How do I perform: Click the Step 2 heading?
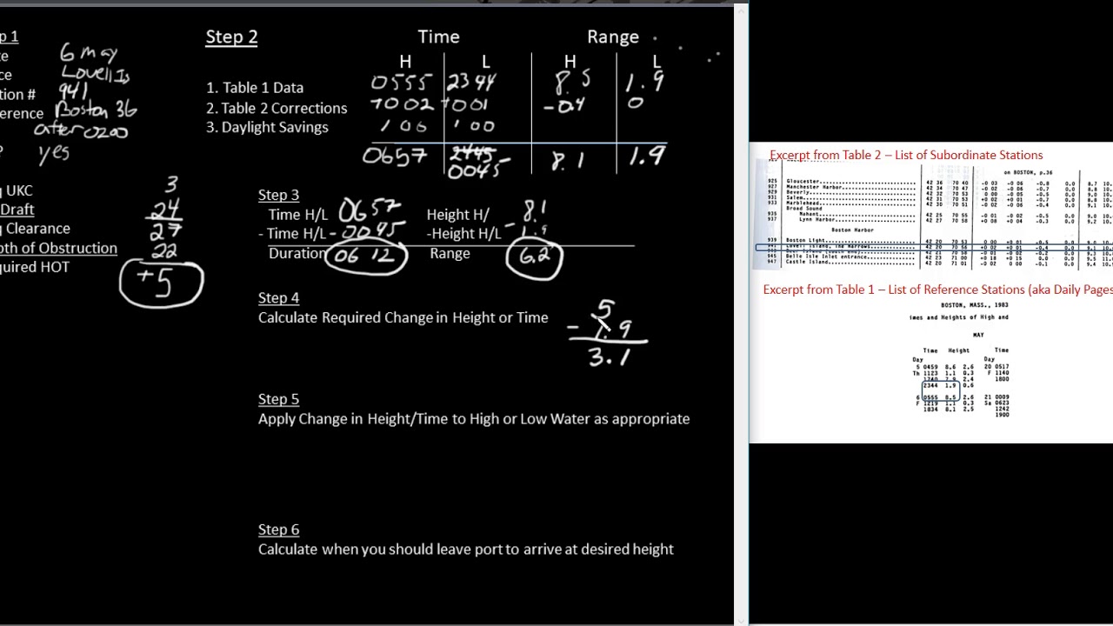point(231,37)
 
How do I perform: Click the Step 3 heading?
point(278,195)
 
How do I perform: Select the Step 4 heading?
point(278,297)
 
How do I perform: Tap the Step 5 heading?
point(278,399)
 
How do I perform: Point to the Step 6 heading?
point(278,529)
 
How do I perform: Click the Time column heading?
point(438,37)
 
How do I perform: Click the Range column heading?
point(613,37)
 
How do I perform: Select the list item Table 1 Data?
point(255,88)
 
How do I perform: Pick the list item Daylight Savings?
point(267,127)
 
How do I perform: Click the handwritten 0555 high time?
point(401,83)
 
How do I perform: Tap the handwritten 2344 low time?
point(471,83)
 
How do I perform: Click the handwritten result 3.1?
point(608,356)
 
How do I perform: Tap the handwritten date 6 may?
point(88,54)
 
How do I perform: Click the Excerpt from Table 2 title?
point(906,155)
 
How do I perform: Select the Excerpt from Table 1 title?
point(937,290)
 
